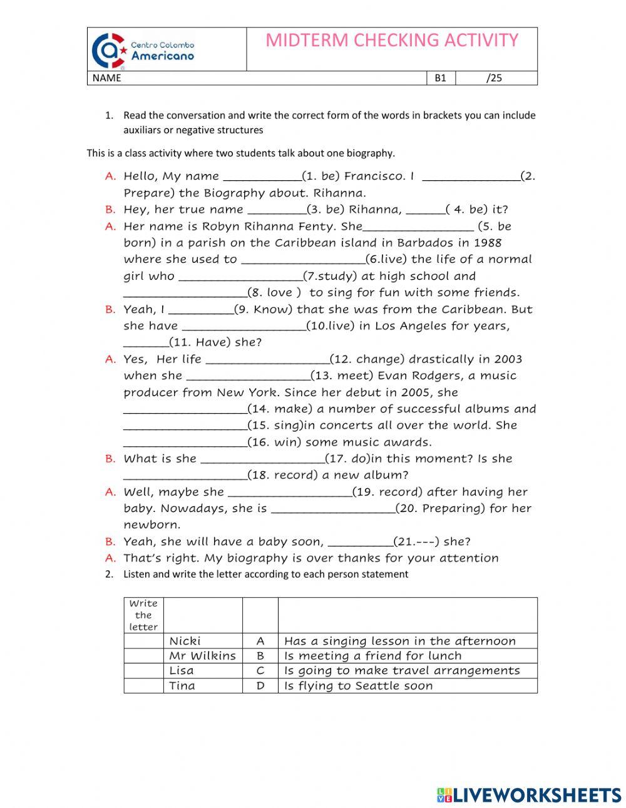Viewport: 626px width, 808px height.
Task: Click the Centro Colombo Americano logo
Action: (x=143, y=50)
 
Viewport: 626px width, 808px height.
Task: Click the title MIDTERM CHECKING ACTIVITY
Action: (x=392, y=41)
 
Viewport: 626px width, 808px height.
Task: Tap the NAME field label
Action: (x=106, y=78)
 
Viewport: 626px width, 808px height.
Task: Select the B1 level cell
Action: (x=441, y=78)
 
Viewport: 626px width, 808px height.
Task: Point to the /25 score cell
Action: (x=495, y=78)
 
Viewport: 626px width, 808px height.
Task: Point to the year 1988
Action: (x=488, y=243)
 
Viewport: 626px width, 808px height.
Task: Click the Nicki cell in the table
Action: (x=185, y=641)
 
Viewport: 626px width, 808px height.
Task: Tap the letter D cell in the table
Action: (x=260, y=686)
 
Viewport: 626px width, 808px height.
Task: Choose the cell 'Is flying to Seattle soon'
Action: (x=358, y=686)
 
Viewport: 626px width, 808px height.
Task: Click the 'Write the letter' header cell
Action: (x=143, y=615)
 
